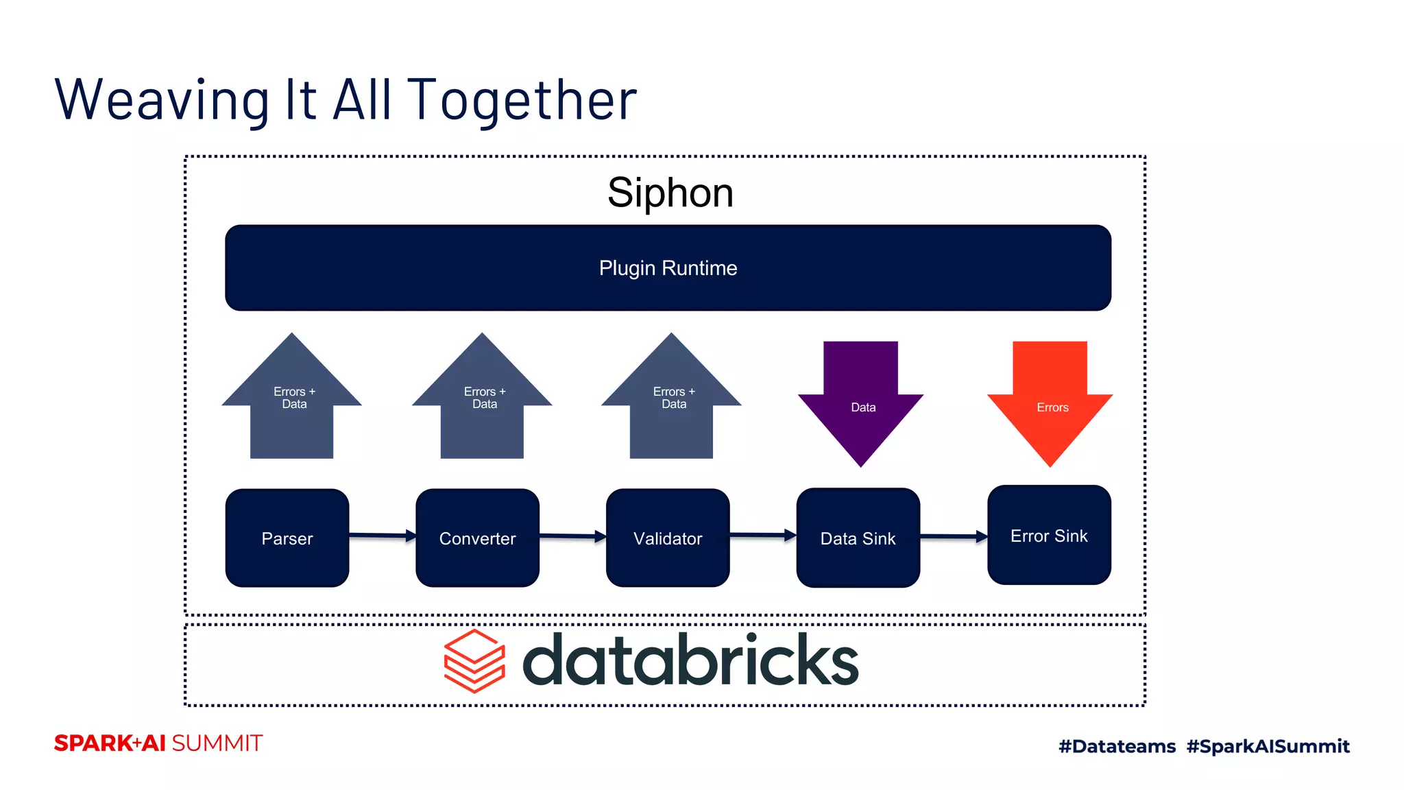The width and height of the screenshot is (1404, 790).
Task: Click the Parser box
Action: pos(287,538)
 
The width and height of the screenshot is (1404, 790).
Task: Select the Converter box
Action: pos(477,538)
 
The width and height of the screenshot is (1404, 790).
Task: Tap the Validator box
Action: pos(668,538)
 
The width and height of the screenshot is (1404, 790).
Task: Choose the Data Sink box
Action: pos(858,538)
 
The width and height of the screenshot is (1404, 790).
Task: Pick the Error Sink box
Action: pos(1049,535)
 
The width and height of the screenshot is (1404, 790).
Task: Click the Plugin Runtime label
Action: pos(668,268)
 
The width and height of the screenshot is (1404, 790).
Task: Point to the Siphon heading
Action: pos(670,193)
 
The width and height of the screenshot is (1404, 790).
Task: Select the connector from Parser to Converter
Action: pos(382,535)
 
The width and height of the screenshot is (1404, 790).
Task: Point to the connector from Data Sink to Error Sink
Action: pos(953,536)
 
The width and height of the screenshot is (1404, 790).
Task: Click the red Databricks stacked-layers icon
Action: pos(474,661)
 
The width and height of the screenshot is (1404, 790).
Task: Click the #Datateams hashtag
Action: pos(1117,746)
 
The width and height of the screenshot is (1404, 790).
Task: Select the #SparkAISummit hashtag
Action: pos(1268,746)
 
